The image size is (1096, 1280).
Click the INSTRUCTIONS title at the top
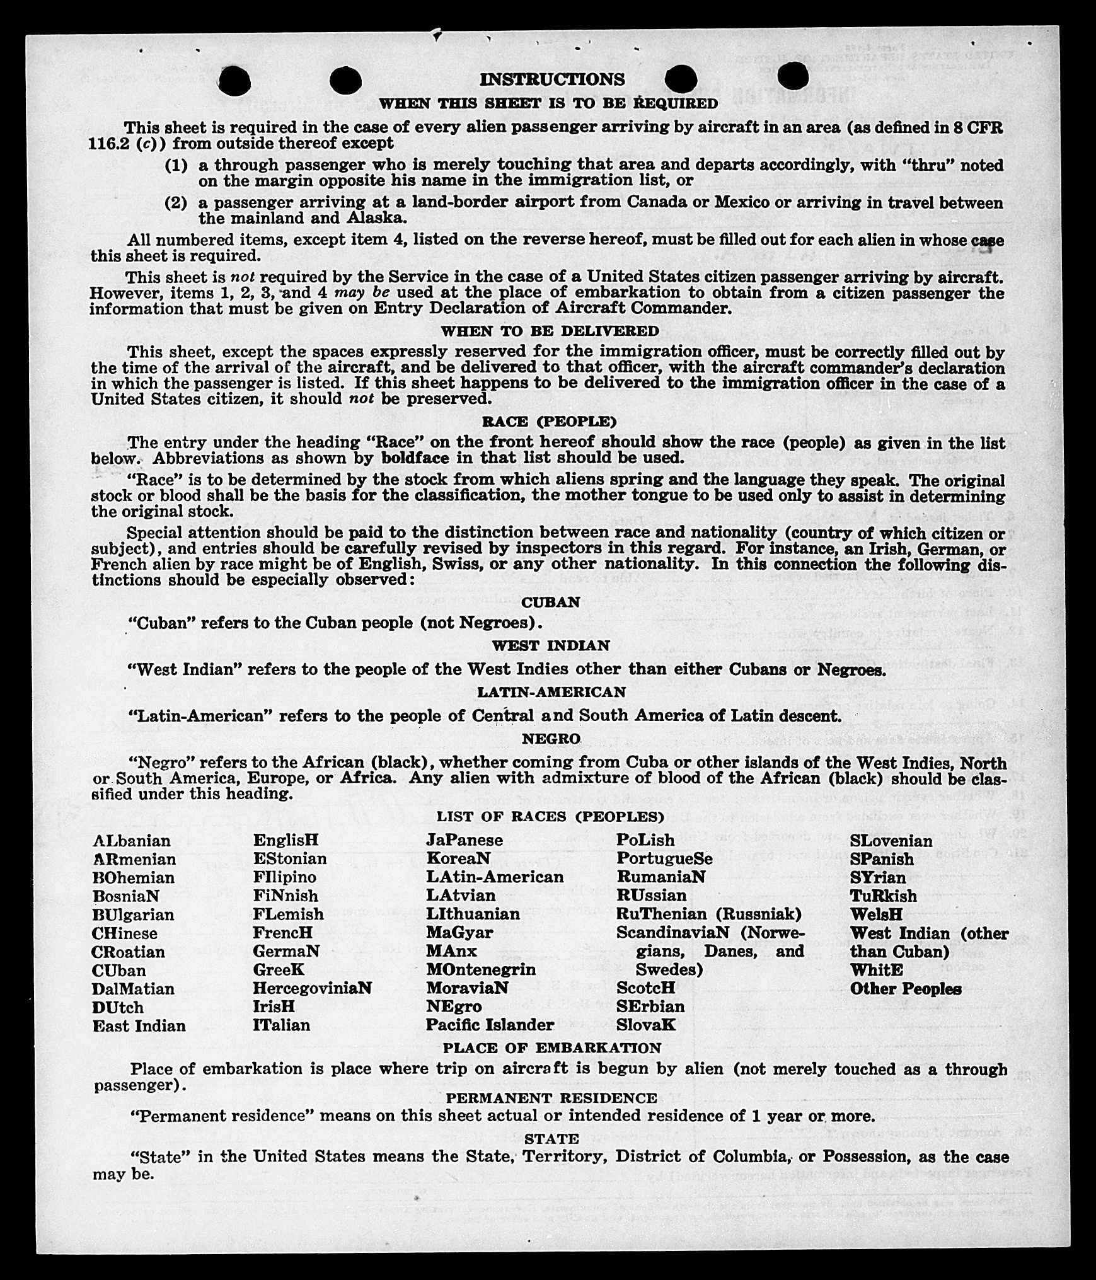(x=552, y=79)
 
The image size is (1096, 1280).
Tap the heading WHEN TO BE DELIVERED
(x=550, y=331)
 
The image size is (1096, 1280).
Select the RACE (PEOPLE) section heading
(x=549, y=421)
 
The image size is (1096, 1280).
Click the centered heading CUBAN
(x=550, y=602)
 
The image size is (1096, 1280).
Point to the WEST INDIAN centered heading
(x=550, y=646)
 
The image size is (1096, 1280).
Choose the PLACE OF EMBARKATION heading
(x=551, y=1047)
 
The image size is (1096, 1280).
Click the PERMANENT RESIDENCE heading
(x=551, y=1098)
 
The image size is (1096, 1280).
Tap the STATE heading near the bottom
(x=551, y=1139)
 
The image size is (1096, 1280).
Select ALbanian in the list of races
(x=131, y=841)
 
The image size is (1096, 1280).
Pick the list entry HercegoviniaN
(x=312, y=988)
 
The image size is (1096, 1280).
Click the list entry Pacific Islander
(x=490, y=1025)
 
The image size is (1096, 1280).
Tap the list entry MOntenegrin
(x=480, y=969)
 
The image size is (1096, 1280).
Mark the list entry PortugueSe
(x=664, y=858)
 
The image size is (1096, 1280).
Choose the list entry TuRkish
(x=883, y=896)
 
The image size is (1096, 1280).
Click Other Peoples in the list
(x=905, y=988)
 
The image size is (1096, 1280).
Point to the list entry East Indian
(x=139, y=1025)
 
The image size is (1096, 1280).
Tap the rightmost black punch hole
(x=793, y=77)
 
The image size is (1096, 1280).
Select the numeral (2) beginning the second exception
(x=176, y=203)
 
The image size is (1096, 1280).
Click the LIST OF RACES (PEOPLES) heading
(x=550, y=817)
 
